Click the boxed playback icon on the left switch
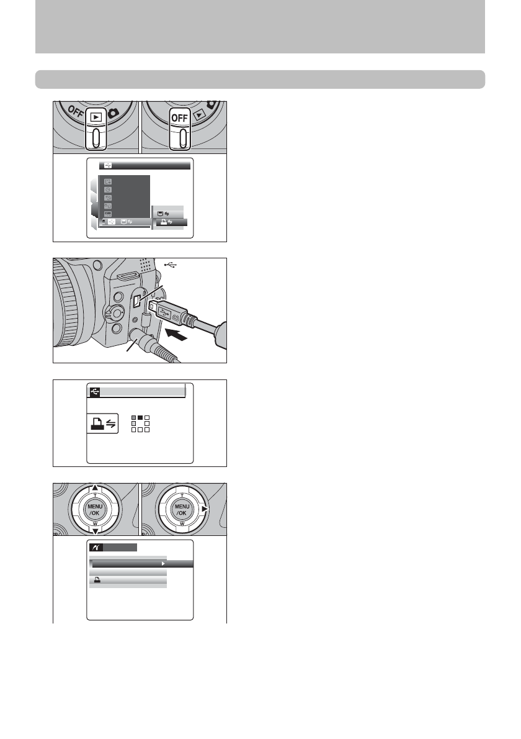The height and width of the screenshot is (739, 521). [x=96, y=117]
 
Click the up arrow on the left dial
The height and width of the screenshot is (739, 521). [x=96, y=487]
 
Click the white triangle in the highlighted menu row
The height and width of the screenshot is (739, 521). [x=164, y=564]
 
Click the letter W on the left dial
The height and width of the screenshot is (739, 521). [x=96, y=524]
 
